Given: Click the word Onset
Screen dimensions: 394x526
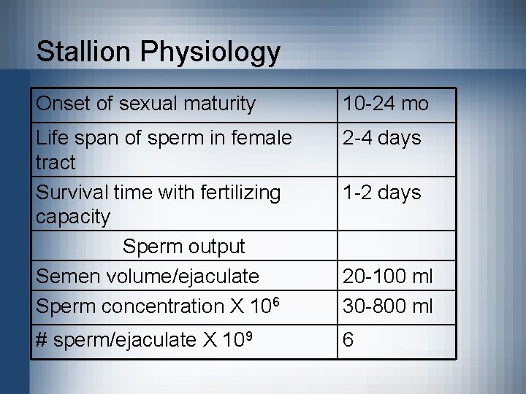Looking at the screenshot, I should point(62,104).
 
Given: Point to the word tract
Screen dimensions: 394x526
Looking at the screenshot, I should point(55,163).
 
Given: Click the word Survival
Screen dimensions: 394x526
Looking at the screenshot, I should point(72,193).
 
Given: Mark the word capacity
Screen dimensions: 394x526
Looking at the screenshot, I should point(72,217).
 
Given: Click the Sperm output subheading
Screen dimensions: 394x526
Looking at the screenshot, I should point(183,247).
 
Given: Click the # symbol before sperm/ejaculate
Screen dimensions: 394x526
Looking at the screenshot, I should point(42,339).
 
